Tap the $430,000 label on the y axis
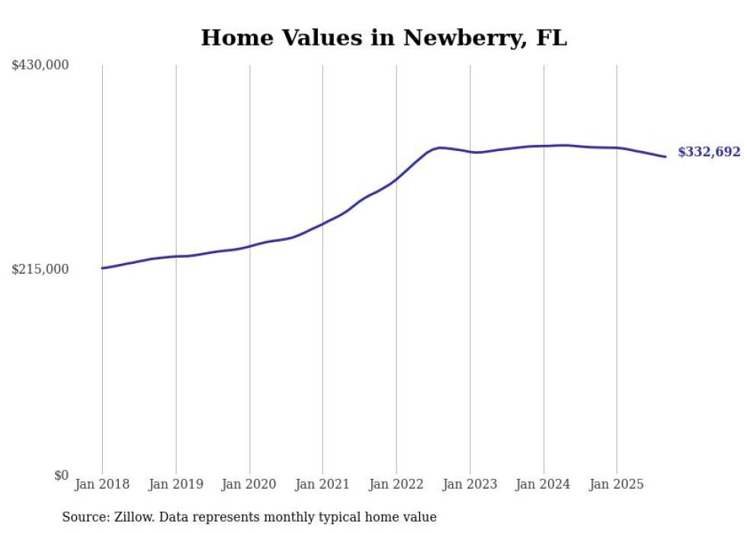pos(40,66)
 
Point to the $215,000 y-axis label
pos(40,269)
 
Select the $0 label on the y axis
pos(61,475)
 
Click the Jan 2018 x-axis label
pos(102,484)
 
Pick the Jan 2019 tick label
pos(176,484)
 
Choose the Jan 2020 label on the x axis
pos(249,484)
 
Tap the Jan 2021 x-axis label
pos(322,484)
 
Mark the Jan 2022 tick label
pos(396,484)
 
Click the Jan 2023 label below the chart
pos(470,484)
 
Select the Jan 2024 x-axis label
pos(543,484)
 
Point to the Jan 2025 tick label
pos(617,484)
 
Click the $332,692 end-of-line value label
pos(709,153)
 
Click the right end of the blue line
pos(665,156)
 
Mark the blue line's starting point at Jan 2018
pos(102,268)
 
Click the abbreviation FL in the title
pos(551,38)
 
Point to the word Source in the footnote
pos(85,517)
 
